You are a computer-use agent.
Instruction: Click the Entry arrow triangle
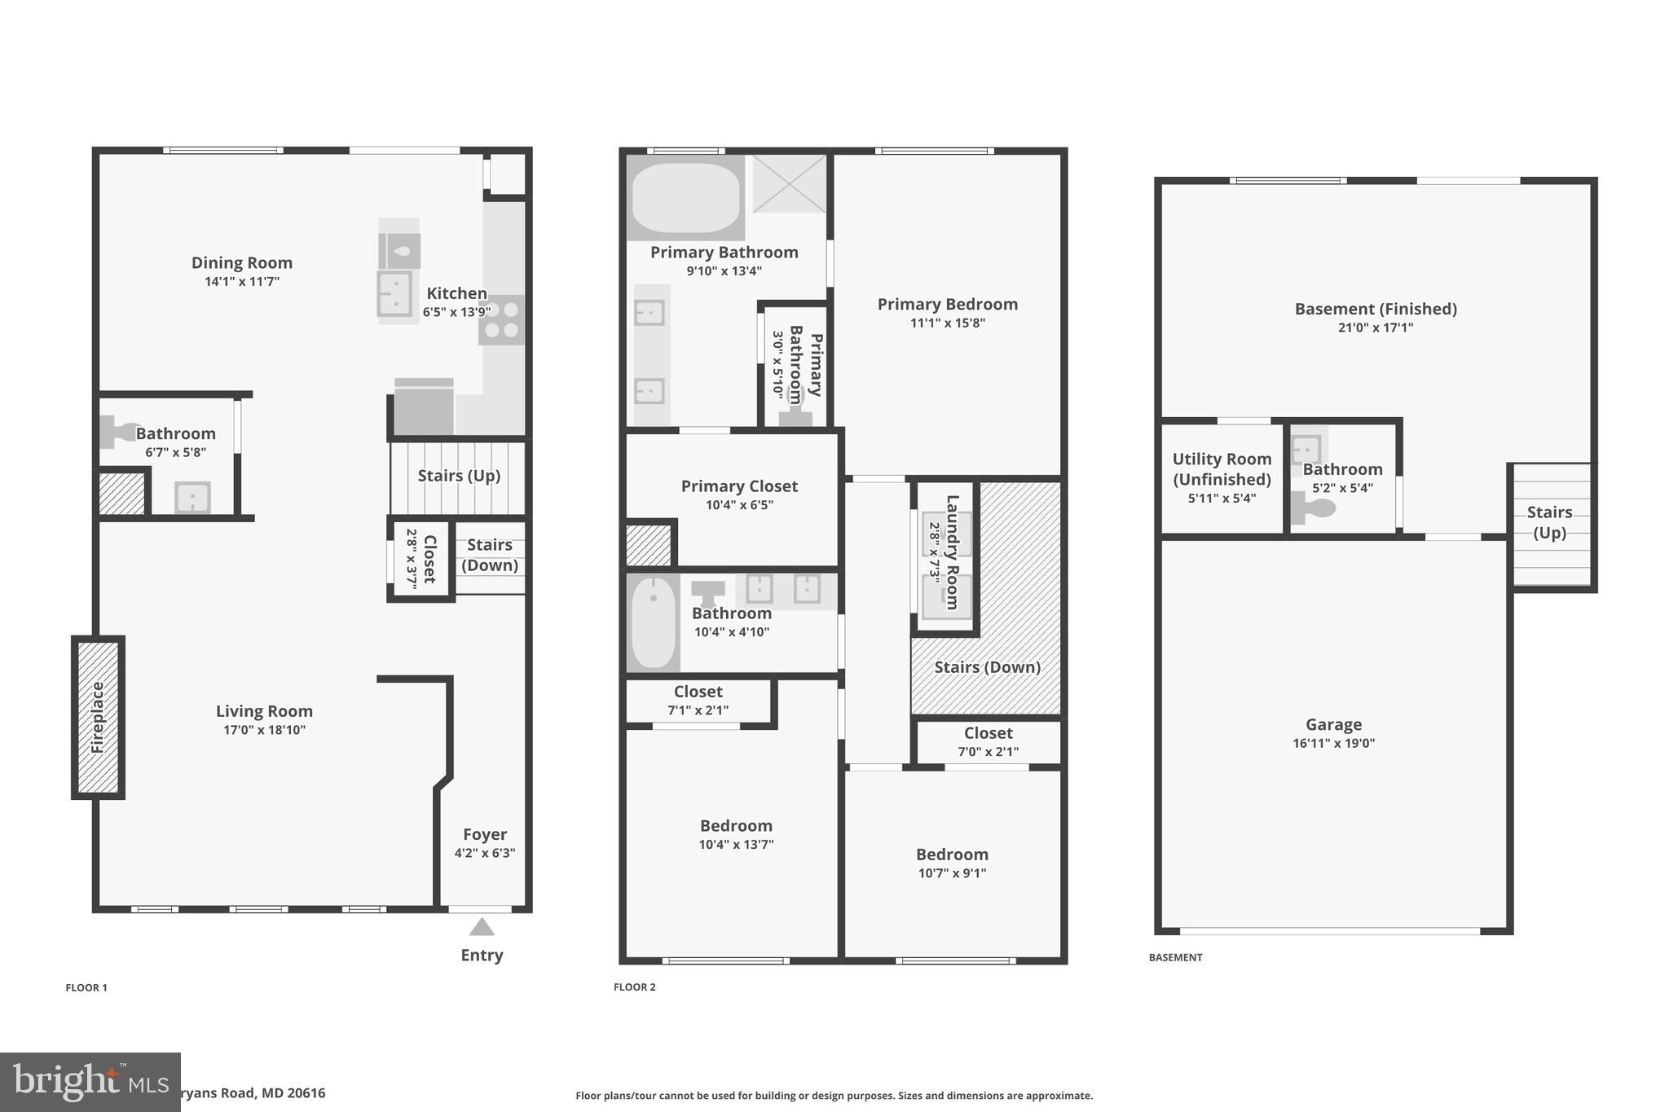(x=482, y=927)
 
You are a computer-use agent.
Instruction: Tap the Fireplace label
(x=98, y=717)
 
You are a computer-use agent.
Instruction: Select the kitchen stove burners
(x=502, y=319)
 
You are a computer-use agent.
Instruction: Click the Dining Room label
(x=242, y=262)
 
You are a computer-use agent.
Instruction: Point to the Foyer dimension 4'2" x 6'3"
(x=485, y=853)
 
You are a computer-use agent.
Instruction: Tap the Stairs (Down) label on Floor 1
(x=490, y=555)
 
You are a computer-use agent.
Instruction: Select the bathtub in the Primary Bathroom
(x=685, y=199)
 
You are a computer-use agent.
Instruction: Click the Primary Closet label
(x=739, y=486)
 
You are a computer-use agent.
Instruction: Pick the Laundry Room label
(x=952, y=552)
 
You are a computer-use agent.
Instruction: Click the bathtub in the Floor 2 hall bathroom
(x=653, y=622)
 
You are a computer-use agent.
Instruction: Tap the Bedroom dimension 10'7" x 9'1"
(x=952, y=873)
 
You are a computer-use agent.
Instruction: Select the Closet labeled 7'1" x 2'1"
(x=698, y=700)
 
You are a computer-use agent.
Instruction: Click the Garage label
(x=1333, y=724)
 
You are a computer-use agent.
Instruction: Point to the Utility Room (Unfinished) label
(x=1222, y=469)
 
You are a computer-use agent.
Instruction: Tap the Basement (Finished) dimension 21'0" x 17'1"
(x=1376, y=327)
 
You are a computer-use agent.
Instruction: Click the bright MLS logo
(x=90, y=1082)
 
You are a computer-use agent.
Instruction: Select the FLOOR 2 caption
(x=634, y=987)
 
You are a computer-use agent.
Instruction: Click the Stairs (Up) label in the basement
(x=1549, y=522)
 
